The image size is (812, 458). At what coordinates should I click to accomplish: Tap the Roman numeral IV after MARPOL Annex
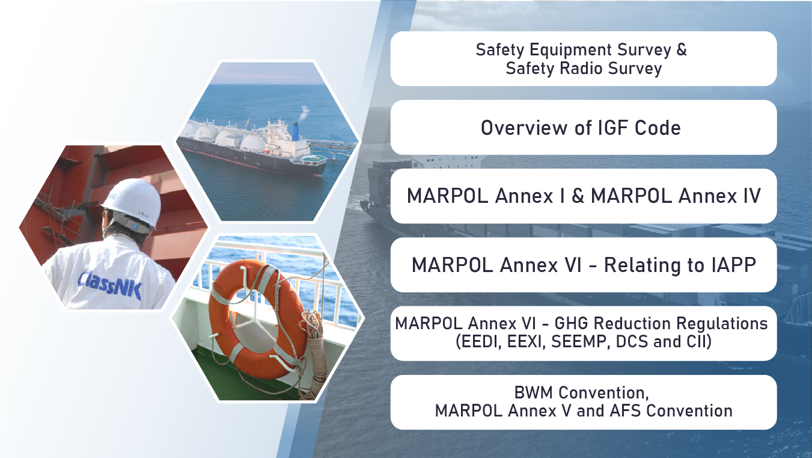click(x=751, y=196)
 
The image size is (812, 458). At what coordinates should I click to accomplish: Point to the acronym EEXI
click(x=527, y=341)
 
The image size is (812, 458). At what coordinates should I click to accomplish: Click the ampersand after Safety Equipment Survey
click(x=682, y=50)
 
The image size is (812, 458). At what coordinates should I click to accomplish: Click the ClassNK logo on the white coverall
click(x=109, y=286)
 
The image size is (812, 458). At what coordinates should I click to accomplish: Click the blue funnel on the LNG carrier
click(x=296, y=131)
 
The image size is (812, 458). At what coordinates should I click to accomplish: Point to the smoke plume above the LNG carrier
click(x=304, y=113)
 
